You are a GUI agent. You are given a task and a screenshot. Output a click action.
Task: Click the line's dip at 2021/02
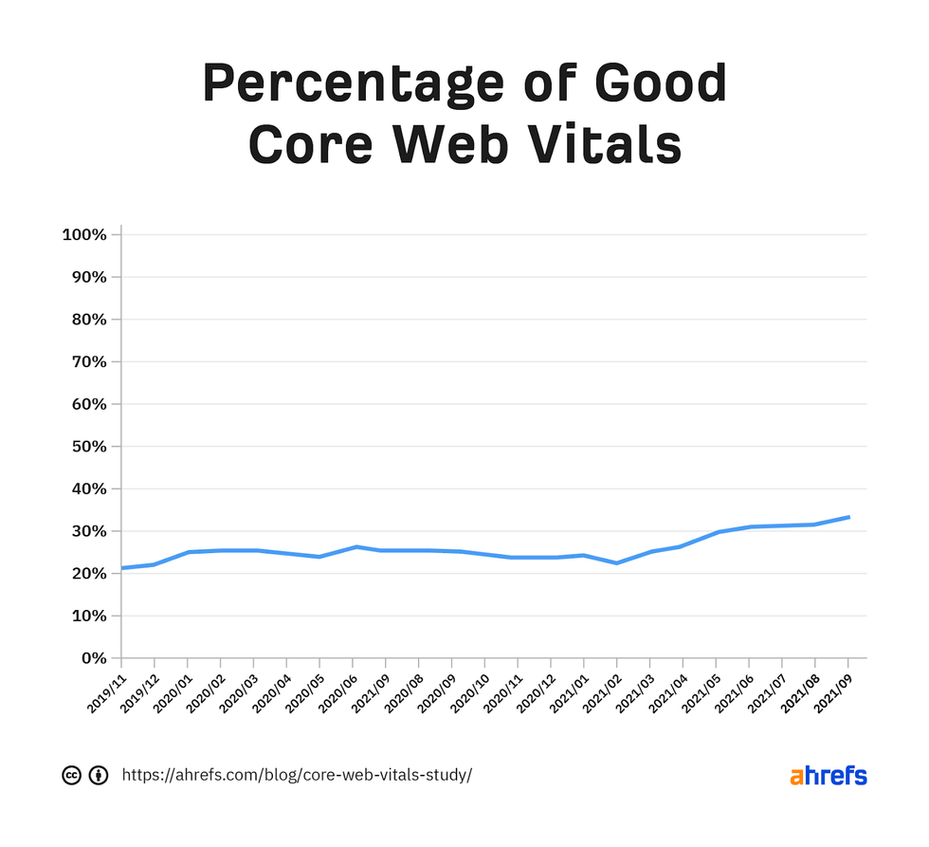[617, 562]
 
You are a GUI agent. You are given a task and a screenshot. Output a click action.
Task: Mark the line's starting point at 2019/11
[122, 567]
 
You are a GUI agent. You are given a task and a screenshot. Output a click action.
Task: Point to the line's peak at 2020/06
[354, 546]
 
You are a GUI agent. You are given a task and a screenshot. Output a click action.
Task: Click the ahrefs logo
[828, 775]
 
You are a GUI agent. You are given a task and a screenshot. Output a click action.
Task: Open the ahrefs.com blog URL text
[297, 775]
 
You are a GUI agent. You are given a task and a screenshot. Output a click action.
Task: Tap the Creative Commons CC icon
[71, 775]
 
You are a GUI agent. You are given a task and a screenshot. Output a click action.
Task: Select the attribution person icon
[98, 775]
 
